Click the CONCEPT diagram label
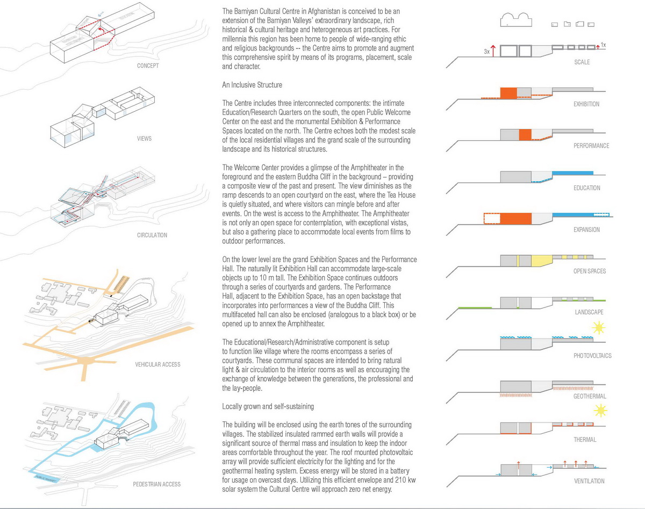[x=148, y=66]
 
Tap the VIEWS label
[x=144, y=139]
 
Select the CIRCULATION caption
[x=152, y=235]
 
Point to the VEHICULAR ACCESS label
[x=157, y=364]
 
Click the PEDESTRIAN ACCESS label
[x=157, y=484]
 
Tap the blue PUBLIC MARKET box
[x=46, y=478]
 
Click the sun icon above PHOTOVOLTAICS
[x=599, y=328]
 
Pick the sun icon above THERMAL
[x=600, y=411]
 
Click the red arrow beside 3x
[x=493, y=51]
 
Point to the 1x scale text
[x=603, y=45]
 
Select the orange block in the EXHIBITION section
[x=508, y=93]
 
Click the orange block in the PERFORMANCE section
[x=525, y=135]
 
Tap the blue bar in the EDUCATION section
[x=572, y=173]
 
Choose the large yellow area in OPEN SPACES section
[x=542, y=261]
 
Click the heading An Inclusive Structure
[x=252, y=85]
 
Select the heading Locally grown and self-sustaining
[x=268, y=406]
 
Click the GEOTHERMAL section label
[x=590, y=396]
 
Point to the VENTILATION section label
[x=589, y=481]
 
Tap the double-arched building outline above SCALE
[x=516, y=20]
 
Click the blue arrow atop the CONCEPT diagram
[x=101, y=14]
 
